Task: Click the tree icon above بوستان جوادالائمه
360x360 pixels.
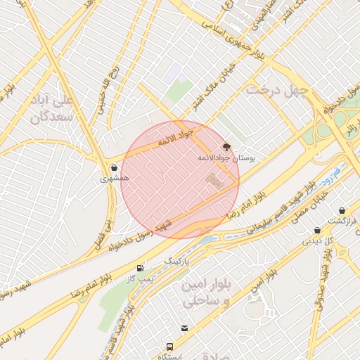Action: tap(226, 147)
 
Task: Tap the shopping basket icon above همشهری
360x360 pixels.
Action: tap(114, 168)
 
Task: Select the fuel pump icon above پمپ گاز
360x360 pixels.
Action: tap(141, 268)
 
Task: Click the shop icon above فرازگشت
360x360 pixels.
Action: tap(342, 210)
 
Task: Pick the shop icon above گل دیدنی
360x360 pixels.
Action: tap(317, 230)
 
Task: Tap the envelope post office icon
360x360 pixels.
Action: tap(185, 328)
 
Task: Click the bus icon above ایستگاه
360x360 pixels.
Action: tap(169, 347)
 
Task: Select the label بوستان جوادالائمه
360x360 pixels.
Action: tap(227, 158)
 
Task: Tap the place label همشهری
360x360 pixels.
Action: tap(115, 179)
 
